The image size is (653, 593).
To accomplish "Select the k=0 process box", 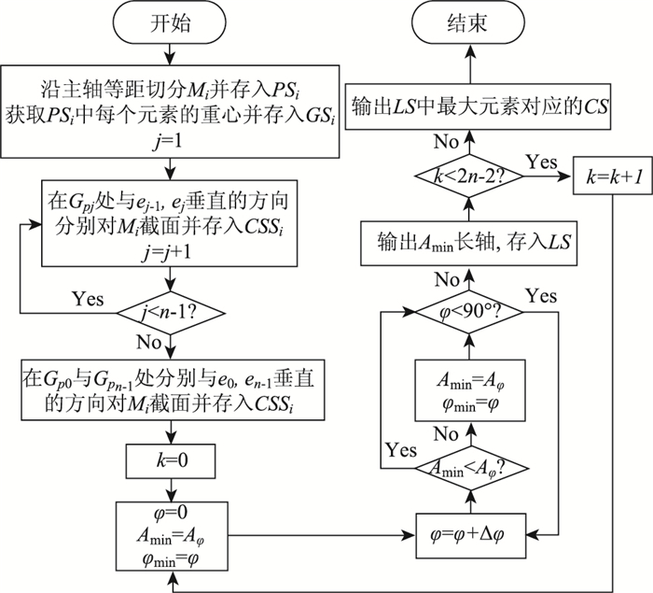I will (x=170, y=460).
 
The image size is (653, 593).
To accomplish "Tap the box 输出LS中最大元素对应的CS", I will (x=479, y=107).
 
